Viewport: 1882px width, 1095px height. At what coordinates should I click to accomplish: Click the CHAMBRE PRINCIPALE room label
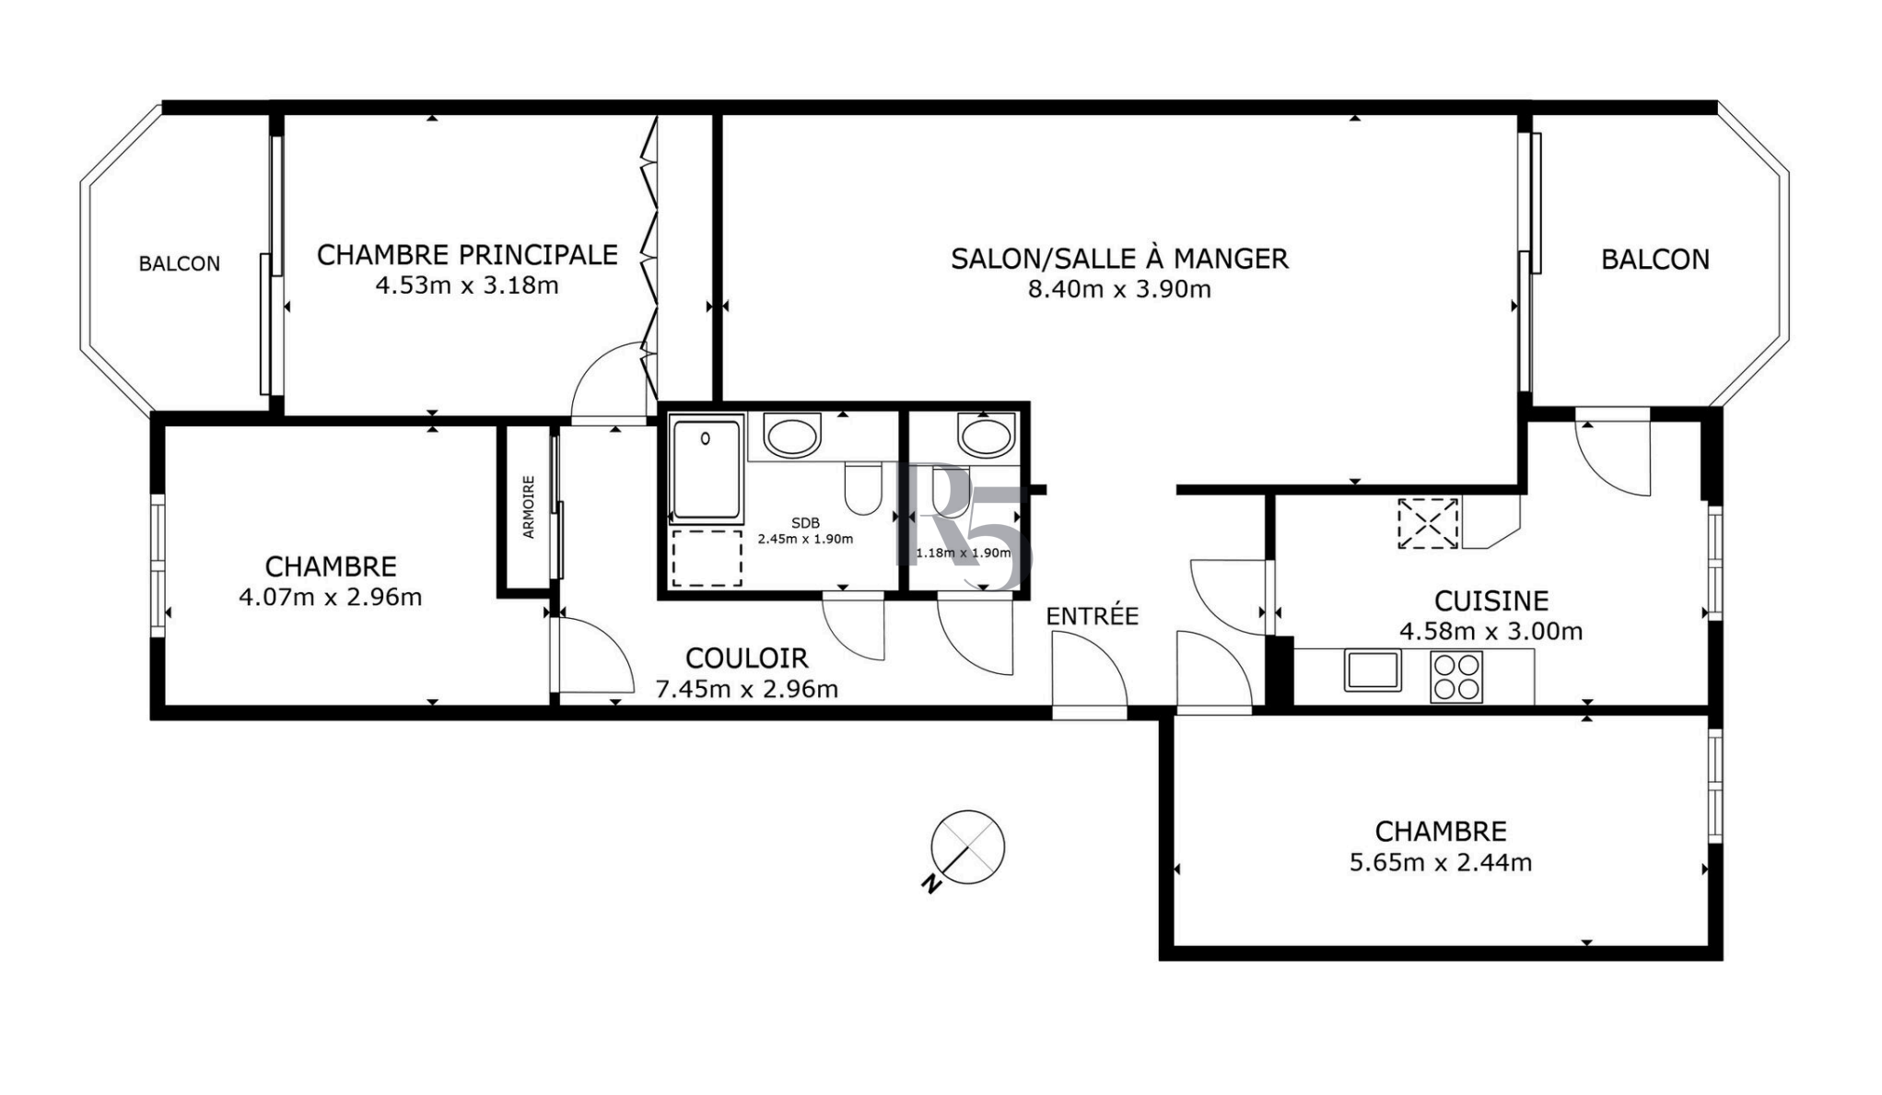467,254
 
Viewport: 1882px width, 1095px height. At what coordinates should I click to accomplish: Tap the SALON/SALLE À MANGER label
1119,258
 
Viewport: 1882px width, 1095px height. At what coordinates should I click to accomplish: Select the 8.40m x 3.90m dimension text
1119,290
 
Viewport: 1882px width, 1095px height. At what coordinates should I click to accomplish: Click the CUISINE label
1490,600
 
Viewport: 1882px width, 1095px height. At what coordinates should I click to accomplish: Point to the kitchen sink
1373,670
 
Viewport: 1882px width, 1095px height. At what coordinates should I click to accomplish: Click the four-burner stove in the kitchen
1456,677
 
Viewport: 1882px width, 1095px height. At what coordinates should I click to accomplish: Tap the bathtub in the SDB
706,471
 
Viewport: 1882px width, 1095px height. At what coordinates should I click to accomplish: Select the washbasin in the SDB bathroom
792,437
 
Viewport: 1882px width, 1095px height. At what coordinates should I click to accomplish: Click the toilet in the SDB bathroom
863,488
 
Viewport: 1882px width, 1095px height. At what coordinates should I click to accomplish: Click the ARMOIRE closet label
529,507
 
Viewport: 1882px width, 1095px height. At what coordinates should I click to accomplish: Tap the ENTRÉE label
1092,615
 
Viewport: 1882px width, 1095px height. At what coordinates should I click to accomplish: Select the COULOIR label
746,658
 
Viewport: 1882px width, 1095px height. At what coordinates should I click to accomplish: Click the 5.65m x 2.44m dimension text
1441,863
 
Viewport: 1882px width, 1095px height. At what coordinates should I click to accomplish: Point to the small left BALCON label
180,264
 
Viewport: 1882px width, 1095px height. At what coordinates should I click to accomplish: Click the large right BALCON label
1655,260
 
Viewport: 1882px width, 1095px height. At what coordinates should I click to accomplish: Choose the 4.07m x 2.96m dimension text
331,598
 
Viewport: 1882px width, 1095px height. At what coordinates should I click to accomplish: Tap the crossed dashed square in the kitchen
1428,523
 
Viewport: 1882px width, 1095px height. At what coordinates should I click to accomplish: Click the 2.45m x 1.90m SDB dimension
805,539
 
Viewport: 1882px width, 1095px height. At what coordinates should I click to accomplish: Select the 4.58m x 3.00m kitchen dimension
1490,632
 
